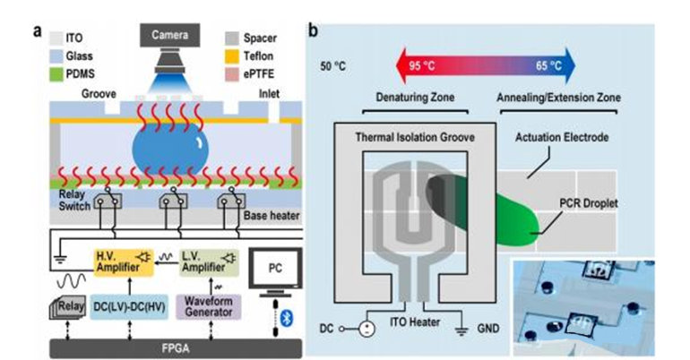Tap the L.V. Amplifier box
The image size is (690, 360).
(209, 258)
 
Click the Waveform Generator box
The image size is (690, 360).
(207, 306)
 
